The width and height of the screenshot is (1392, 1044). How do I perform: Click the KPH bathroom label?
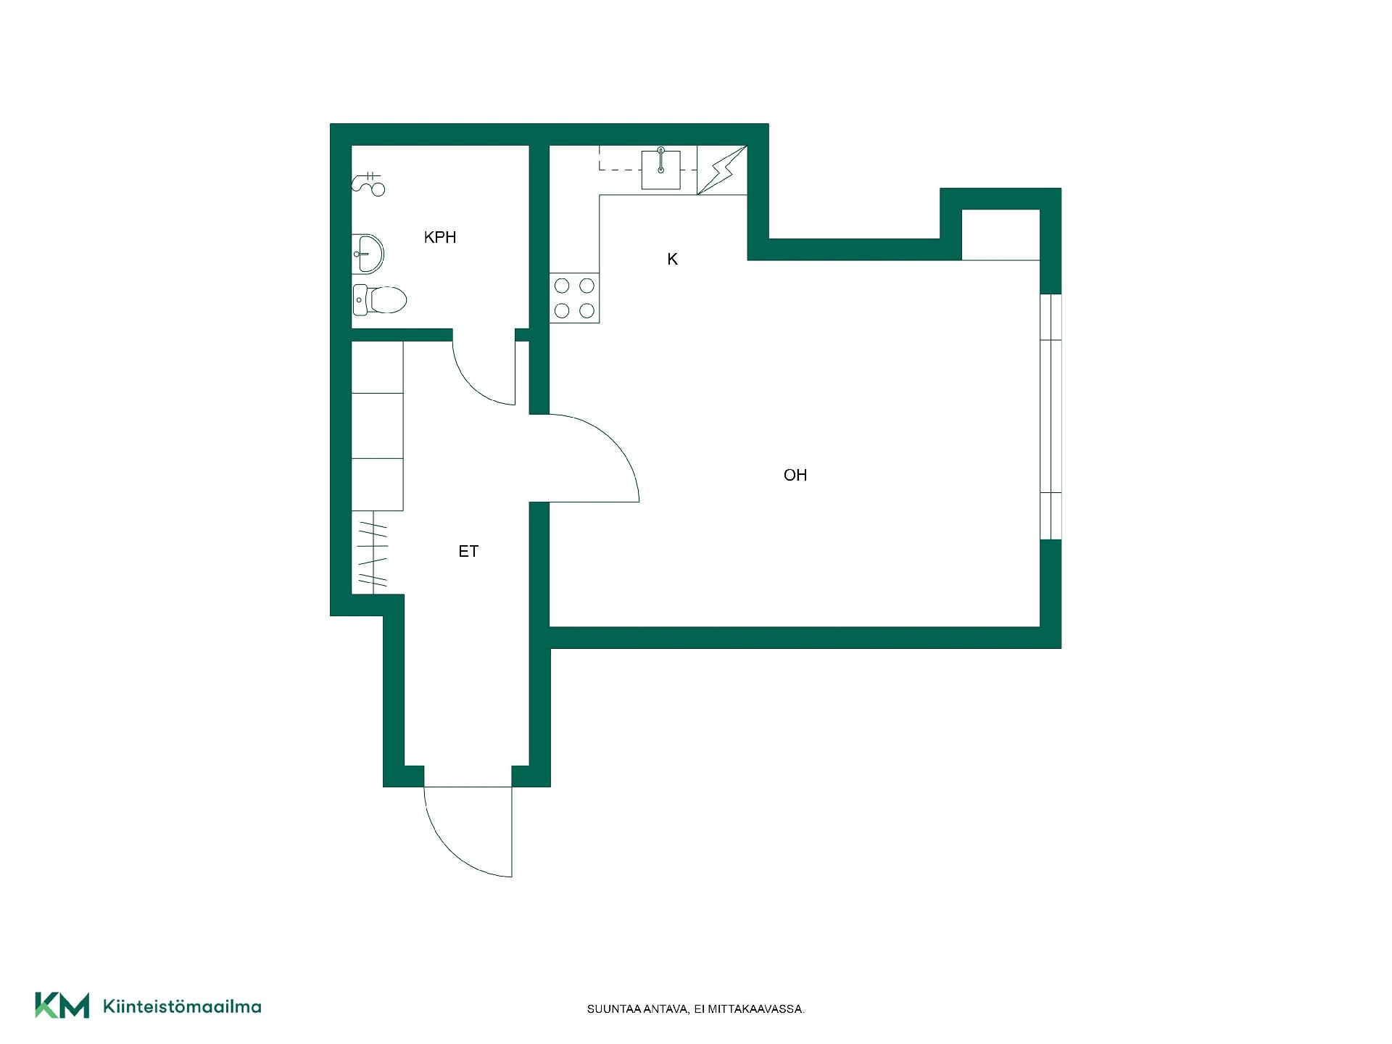[x=440, y=237]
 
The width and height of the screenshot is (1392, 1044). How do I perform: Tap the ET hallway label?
[x=468, y=552]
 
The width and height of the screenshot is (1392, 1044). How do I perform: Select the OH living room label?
[x=795, y=475]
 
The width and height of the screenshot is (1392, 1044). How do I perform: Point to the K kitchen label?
[x=672, y=259]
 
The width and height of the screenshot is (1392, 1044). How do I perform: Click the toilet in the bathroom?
[x=379, y=299]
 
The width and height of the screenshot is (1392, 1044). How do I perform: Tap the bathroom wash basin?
[x=368, y=254]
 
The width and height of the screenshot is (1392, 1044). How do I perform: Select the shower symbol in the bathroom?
[x=368, y=184]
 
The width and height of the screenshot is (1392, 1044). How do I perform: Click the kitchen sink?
[x=661, y=170]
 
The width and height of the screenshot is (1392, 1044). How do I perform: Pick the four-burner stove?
[x=574, y=298]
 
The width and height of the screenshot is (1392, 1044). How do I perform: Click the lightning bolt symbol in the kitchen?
[x=722, y=170]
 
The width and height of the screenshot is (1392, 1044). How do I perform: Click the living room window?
[x=1051, y=417]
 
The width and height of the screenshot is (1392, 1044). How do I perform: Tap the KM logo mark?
[x=62, y=1006]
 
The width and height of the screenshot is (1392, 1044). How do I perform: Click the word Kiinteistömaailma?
[x=182, y=1006]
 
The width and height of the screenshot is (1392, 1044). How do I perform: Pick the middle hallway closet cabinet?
[x=378, y=426]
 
